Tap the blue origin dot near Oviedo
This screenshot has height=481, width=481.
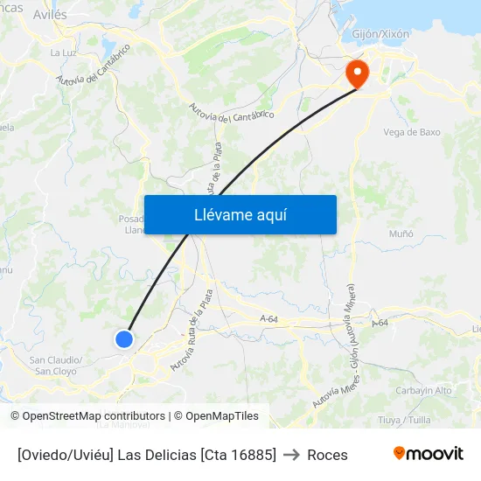(124, 338)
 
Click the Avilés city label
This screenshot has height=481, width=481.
(49, 15)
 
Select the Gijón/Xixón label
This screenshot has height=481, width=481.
(380, 34)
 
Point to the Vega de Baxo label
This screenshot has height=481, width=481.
(412, 132)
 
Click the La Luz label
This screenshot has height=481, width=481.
(62, 52)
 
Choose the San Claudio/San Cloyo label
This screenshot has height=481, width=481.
(56, 365)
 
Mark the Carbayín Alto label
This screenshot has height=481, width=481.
(423, 390)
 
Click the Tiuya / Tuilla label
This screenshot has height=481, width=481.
(403, 419)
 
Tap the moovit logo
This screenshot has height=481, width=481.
(428, 453)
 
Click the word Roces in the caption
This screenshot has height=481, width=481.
(327, 455)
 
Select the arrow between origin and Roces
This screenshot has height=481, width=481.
(292, 455)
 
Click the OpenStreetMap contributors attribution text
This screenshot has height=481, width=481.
(88, 416)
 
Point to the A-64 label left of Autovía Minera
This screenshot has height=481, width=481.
(268, 320)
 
